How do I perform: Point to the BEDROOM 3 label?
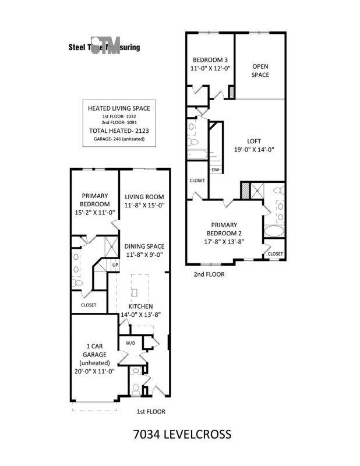[x=210, y=60]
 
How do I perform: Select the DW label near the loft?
[x=216, y=170]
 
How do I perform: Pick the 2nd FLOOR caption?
[x=209, y=273]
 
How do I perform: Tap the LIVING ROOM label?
[x=144, y=197]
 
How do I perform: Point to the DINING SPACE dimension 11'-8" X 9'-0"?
[x=144, y=254]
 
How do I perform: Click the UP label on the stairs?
[x=115, y=265]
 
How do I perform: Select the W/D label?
[x=130, y=343]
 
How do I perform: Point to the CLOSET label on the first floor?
[x=89, y=305]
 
